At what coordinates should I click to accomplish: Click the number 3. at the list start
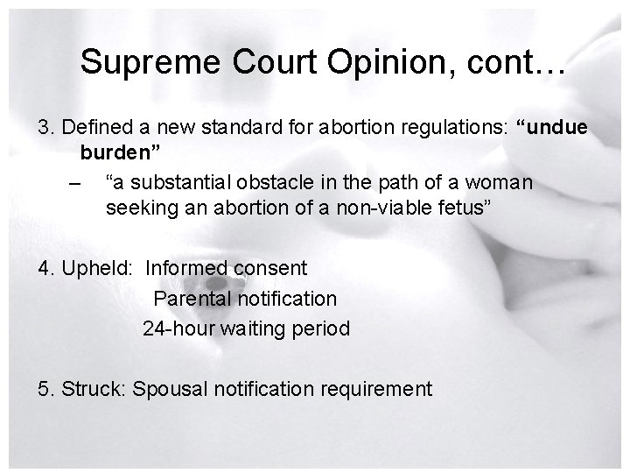pos(47,128)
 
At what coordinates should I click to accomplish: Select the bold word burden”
pos(120,154)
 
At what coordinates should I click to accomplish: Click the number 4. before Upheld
pos(47,267)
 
